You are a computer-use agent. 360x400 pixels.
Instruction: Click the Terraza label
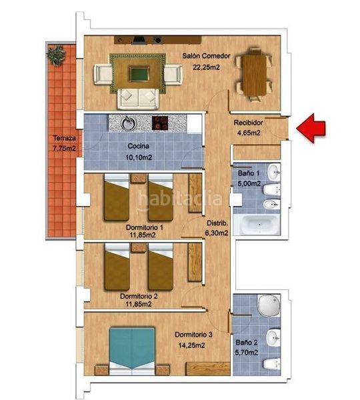point(65,143)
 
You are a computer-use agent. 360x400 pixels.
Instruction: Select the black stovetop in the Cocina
point(161,123)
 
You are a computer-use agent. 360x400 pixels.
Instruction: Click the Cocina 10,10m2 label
point(139,150)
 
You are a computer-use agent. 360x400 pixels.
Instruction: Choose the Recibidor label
point(247,127)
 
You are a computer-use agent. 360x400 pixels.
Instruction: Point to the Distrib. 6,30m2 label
point(217,228)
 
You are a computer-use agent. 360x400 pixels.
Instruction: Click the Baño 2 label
point(247,349)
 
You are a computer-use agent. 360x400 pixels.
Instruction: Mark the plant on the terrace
point(56,52)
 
